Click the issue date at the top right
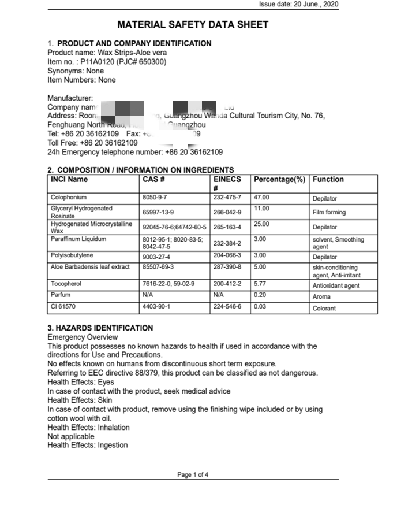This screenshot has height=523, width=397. [x=298, y=4]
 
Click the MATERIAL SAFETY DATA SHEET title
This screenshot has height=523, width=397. [x=193, y=25]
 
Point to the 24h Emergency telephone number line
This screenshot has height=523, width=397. [x=135, y=152]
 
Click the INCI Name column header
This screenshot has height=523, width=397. [x=69, y=180]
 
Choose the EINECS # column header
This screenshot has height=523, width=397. [x=227, y=183]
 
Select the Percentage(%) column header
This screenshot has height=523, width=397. [x=279, y=180]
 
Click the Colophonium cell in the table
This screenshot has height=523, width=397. [x=69, y=198]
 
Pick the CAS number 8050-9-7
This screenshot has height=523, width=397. [x=155, y=198]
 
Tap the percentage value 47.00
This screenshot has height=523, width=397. [x=261, y=198]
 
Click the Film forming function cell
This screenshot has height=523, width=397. [x=329, y=213]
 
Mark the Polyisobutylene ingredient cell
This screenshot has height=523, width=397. [x=72, y=255]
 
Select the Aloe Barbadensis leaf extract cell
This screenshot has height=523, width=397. [x=90, y=267]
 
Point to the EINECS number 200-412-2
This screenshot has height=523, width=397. [x=227, y=284]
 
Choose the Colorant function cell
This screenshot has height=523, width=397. [x=324, y=309]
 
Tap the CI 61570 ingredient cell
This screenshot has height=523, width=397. [x=63, y=307]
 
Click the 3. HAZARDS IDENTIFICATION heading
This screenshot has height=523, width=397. [x=100, y=328]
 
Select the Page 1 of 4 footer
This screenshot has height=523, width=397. [x=193, y=475]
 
